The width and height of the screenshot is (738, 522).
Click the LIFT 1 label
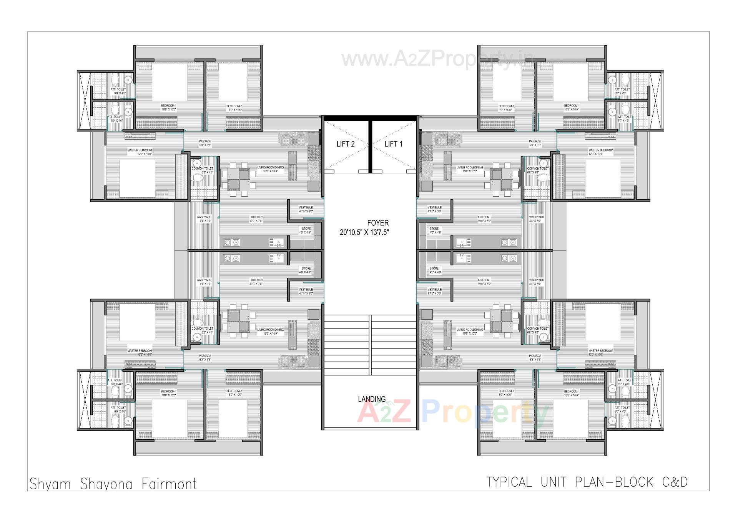[393, 144]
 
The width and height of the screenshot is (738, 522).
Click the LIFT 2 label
[345, 144]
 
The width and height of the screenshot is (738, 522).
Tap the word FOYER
[377, 223]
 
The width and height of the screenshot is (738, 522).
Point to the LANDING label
[371, 399]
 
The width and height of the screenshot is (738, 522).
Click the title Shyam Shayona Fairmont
[113, 484]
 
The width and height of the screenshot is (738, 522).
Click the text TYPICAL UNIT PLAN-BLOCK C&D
[587, 482]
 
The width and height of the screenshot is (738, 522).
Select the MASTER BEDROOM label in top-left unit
[140, 150]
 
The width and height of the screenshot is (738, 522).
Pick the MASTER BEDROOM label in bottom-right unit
[600, 351]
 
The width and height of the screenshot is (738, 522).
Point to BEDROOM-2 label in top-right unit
[506, 106]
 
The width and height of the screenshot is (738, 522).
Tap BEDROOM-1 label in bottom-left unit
[168, 391]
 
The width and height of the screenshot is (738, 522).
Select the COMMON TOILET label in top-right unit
[538, 168]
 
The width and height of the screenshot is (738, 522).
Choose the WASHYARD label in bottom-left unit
[204, 280]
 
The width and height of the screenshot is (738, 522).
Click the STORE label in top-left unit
[306, 229]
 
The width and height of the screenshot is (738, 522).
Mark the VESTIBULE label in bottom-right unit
[434, 290]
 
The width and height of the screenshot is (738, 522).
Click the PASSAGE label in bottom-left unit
[205, 356]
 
